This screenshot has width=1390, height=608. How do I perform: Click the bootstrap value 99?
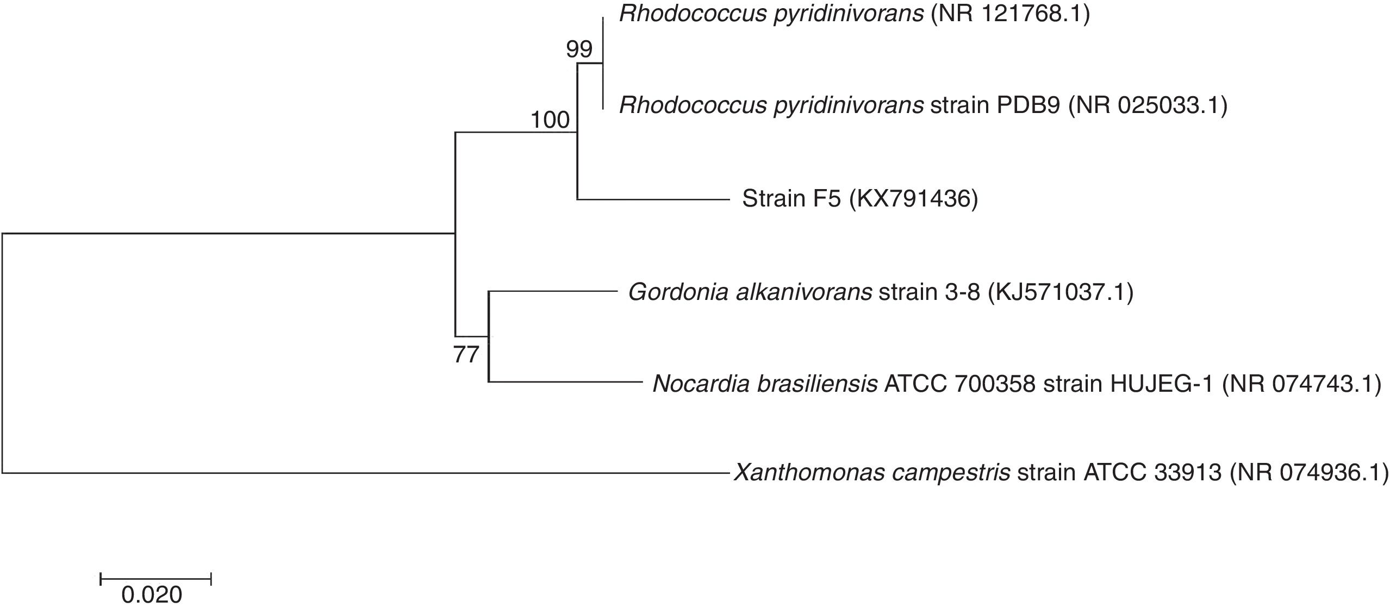pyautogui.click(x=579, y=50)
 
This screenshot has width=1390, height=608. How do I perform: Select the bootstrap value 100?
pyautogui.click(x=550, y=120)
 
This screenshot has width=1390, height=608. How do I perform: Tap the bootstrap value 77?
pyautogui.click(x=466, y=355)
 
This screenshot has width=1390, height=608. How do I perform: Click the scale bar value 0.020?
pyautogui.click(x=152, y=595)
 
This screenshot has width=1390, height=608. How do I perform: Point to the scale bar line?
pyautogui.click(x=155, y=579)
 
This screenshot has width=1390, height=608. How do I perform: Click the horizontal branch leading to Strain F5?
pyautogui.click(x=652, y=199)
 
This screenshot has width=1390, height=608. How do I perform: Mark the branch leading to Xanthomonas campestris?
pyautogui.click(x=364, y=473)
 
